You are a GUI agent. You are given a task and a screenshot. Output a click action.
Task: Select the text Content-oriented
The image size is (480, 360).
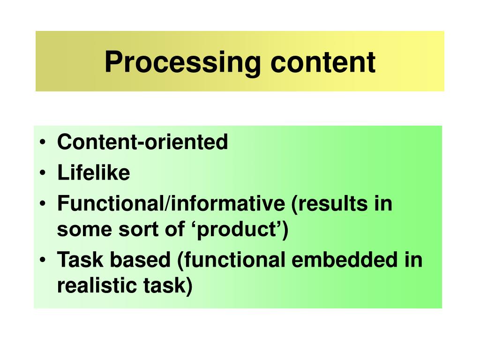pyautogui.click(x=142, y=142)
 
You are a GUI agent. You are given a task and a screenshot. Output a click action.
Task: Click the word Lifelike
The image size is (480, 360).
pyautogui.click(x=93, y=173)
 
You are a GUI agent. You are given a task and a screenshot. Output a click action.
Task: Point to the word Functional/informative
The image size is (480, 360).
pyautogui.click(x=171, y=204)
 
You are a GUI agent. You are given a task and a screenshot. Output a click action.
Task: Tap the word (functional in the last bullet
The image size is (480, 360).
pyautogui.click(x=232, y=260)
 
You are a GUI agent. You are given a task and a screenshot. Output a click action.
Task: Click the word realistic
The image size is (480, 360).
pyautogui.click(x=92, y=286)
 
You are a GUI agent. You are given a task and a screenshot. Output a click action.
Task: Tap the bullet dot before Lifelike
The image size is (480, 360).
pyautogui.click(x=43, y=173)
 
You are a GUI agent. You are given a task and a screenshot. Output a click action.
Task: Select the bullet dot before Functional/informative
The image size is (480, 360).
pyautogui.click(x=43, y=205)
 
